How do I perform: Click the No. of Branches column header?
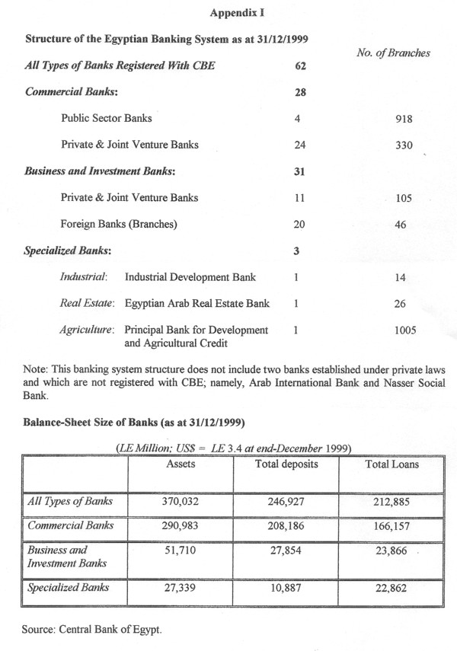393,53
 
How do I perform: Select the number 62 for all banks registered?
299,66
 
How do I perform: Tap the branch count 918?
404,118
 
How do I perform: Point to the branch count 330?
404,145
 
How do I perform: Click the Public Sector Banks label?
107,118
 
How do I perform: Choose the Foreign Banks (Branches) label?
117,225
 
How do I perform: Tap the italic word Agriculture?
87,330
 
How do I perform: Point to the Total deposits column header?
286,463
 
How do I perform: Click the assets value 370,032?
180,501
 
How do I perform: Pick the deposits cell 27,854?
286,550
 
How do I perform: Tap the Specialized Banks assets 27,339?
180,588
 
